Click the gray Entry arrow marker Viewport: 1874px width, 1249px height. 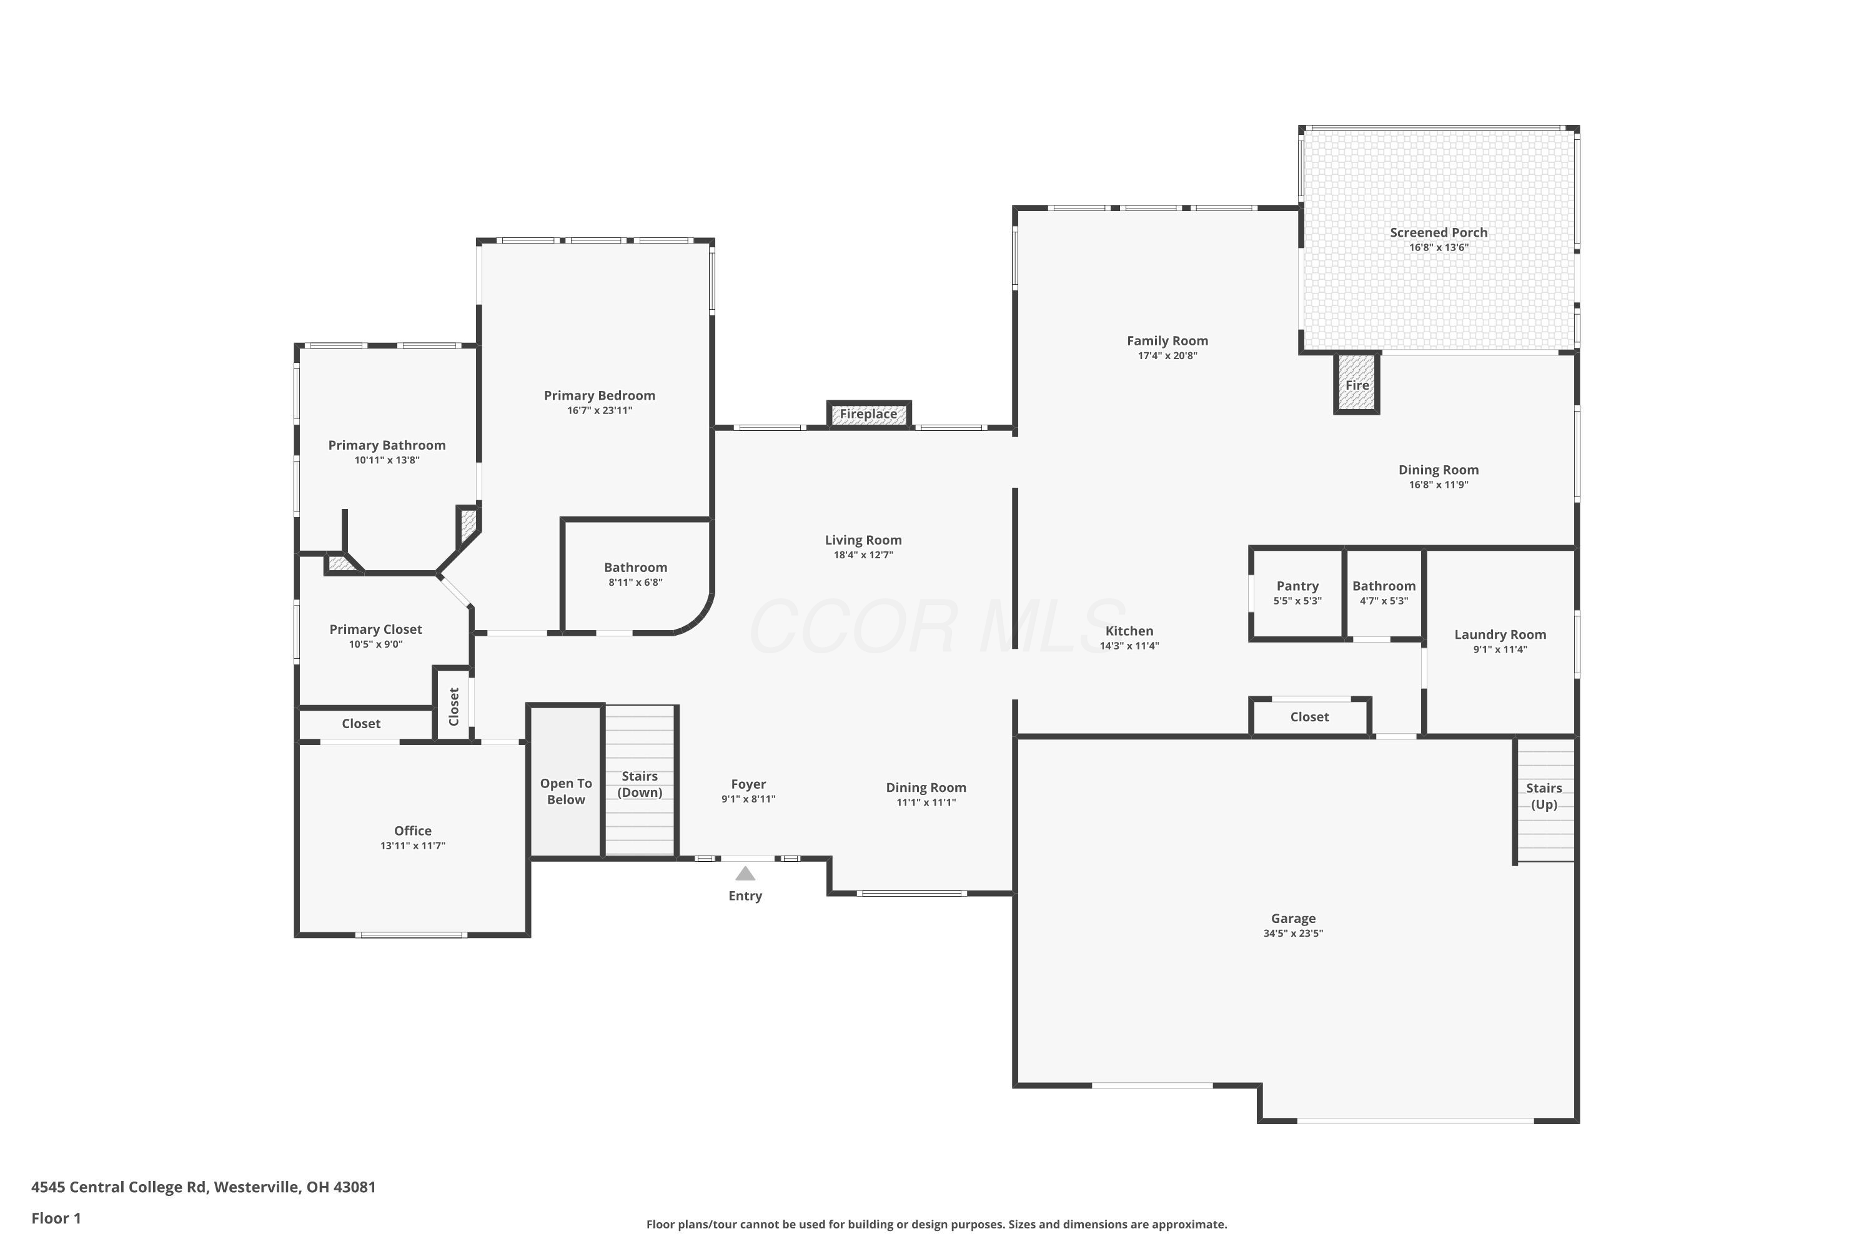point(745,873)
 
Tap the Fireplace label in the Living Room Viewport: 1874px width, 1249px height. point(868,414)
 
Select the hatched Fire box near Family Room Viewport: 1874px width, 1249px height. point(1357,383)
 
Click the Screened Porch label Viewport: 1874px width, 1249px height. point(1439,232)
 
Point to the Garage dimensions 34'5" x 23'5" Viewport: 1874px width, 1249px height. point(1293,934)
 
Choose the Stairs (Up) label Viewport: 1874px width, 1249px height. point(1544,796)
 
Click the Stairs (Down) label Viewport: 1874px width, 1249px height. point(640,784)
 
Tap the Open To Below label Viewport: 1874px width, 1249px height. point(566,791)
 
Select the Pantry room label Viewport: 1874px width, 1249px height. point(1297,586)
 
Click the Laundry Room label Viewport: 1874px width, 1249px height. point(1500,635)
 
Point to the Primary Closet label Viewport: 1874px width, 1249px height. point(376,629)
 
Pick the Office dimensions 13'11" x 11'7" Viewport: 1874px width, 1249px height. point(413,846)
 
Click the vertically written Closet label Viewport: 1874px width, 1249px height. point(454,706)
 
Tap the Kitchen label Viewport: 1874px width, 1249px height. point(1129,631)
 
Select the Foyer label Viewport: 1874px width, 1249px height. point(748,784)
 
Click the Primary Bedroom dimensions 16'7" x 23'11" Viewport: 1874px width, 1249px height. point(600,411)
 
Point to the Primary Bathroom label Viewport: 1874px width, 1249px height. point(387,445)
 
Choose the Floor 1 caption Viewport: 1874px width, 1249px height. point(56,1218)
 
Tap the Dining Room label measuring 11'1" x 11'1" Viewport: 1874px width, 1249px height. point(926,787)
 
